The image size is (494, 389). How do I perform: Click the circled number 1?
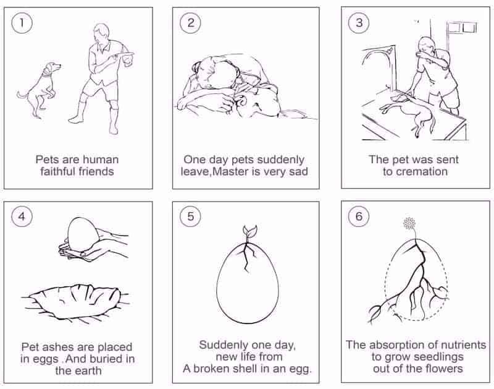click(x=22, y=23)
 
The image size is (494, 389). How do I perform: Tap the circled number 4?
click(x=22, y=216)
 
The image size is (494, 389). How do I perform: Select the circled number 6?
click(x=359, y=216)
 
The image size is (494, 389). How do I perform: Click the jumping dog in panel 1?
click(x=39, y=90)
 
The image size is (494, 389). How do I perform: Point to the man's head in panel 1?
click(x=103, y=32)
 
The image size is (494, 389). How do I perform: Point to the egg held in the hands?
click(x=83, y=234)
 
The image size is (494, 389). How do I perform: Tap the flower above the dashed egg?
click(x=409, y=224)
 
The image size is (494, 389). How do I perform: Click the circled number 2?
click(x=191, y=23)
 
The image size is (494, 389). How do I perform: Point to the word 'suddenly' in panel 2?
click(x=280, y=160)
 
